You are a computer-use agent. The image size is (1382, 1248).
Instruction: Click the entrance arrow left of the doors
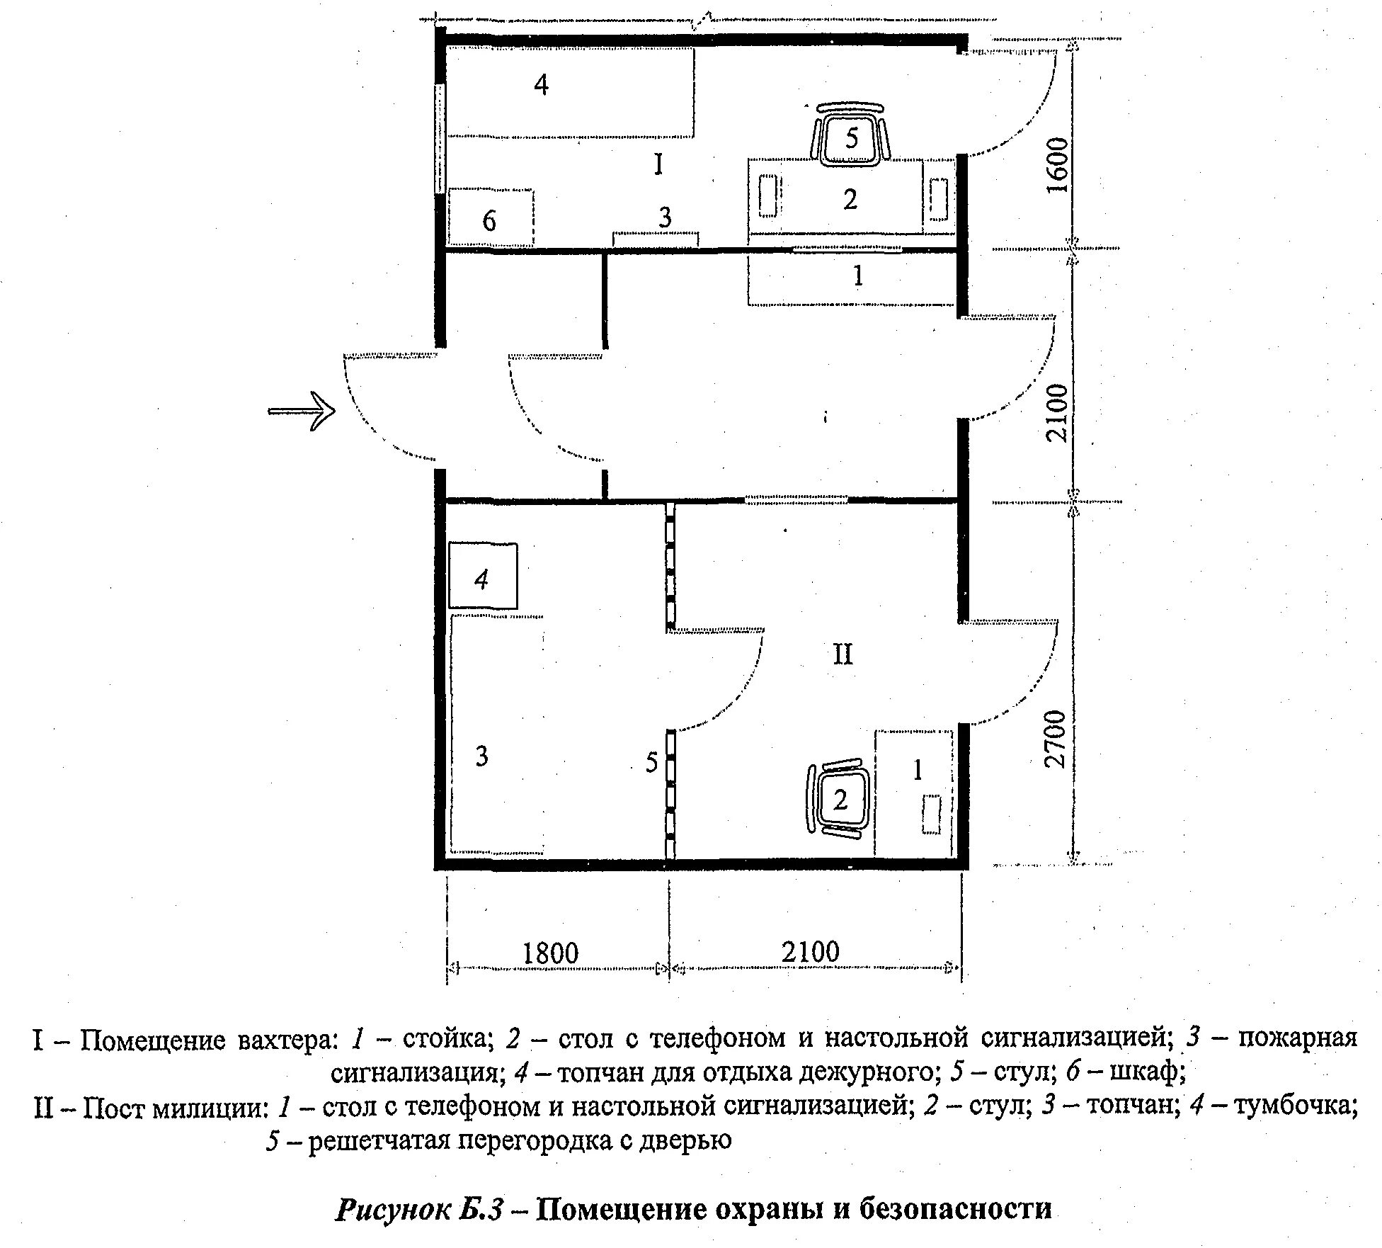click(x=302, y=411)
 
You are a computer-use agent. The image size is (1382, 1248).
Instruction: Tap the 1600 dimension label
click(x=1056, y=164)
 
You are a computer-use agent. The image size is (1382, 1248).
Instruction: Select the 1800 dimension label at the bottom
click(x=550, y=953)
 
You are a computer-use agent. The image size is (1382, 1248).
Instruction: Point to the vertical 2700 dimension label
click(x=1055, y=738)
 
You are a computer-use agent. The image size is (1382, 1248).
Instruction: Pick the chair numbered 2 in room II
click(x=839, y=799)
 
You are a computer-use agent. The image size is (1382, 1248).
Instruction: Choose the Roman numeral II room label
click(x=843, y=654)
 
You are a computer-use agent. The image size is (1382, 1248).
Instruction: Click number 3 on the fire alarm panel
click(x=664, y=217)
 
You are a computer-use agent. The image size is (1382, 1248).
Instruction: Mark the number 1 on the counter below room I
click(x=858, y=275)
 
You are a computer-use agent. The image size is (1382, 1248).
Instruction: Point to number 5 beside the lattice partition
click(x=651, y=762)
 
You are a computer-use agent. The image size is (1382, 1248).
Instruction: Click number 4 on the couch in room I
click(x=541, y=85)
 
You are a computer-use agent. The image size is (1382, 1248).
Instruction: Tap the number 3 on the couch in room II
click(x=481, y=756)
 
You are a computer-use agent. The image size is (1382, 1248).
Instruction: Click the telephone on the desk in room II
click(x=931, y=814)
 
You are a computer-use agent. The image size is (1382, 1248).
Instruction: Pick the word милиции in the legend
click(x=219, y=1107)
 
